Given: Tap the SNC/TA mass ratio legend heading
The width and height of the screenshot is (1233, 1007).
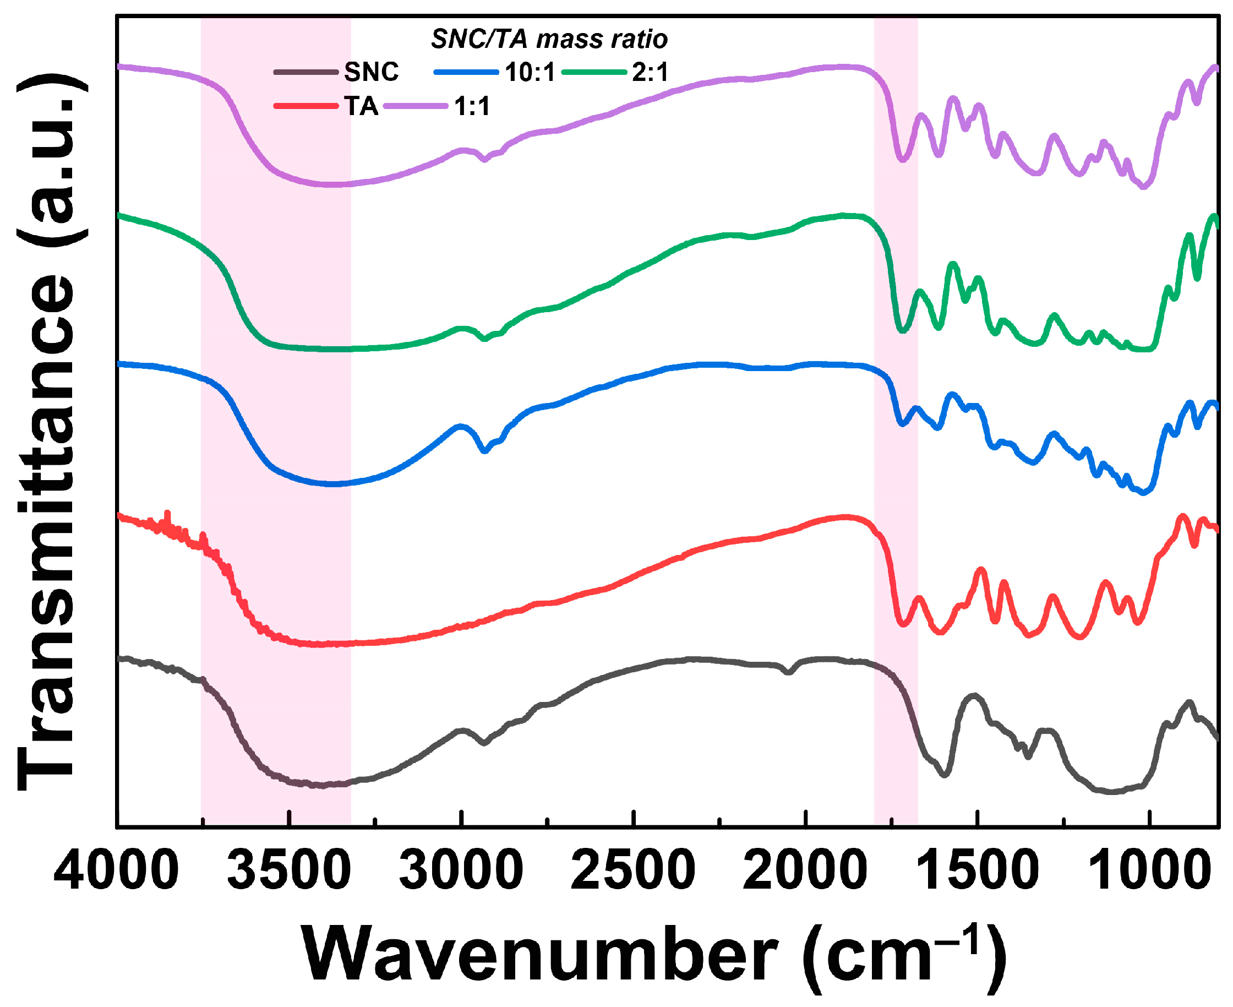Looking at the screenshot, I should (549, 39).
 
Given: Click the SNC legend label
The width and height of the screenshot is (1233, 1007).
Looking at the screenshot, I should (371, 72).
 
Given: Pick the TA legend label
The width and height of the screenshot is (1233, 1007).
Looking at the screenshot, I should (361, 106).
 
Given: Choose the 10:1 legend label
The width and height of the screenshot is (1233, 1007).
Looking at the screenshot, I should (530, 72).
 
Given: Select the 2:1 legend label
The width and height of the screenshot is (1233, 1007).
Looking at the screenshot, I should (650, 72).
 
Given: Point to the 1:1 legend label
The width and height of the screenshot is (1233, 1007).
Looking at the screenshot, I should (472, 106).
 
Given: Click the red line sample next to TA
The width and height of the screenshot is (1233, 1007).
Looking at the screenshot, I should (305, 106).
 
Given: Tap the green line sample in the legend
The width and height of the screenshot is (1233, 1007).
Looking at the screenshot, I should (594, 72).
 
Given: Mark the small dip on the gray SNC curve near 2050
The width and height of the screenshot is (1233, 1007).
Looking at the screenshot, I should (787, 672).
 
